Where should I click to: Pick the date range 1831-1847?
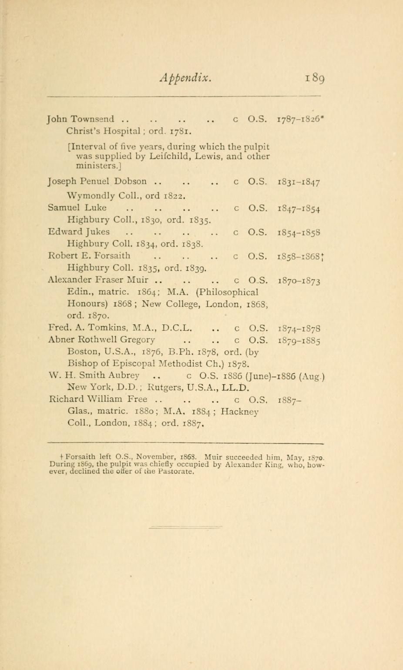coord(299,181)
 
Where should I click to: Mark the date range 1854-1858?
coord(299,232)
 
